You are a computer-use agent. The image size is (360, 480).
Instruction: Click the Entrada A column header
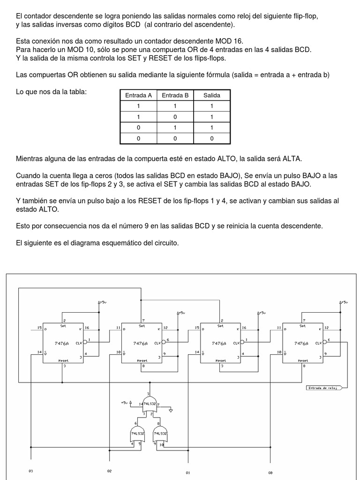138,95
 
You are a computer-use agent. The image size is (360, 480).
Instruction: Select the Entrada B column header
175,95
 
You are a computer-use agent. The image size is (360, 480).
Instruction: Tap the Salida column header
211,95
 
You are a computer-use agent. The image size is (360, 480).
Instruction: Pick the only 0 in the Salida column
211,138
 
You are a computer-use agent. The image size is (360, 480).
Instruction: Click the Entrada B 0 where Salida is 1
175,117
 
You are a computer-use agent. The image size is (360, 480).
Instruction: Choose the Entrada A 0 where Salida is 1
138,127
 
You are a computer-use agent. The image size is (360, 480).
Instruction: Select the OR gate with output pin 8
160,434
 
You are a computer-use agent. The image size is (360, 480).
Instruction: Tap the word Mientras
30,159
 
